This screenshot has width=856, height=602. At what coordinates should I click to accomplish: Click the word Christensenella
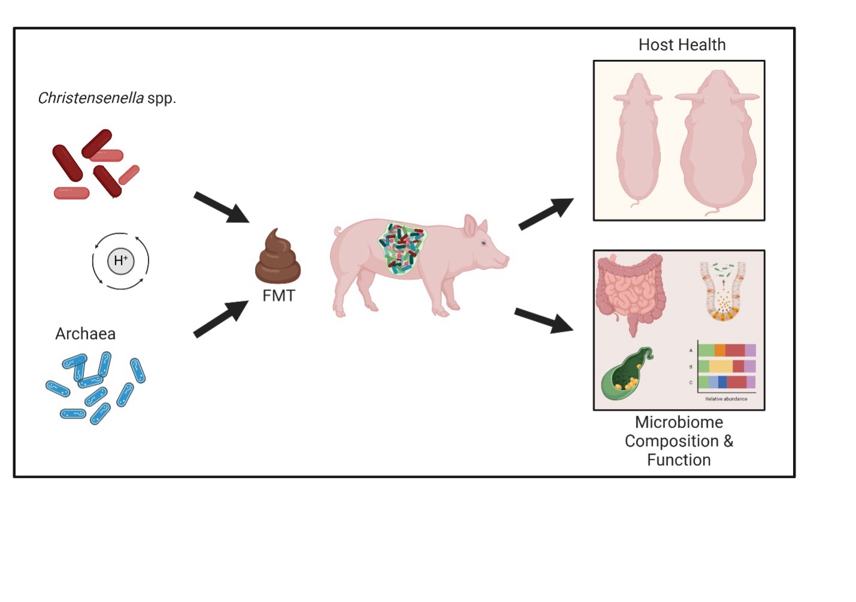point(90,98)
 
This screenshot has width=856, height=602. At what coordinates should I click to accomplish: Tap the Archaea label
point(85,334)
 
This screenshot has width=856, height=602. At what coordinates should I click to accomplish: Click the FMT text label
point(278,295)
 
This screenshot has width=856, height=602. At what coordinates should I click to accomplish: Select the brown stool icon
point(277,259)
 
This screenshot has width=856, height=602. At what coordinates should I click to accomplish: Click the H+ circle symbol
point(120,261)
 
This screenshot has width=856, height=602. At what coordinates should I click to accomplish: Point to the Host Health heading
point(682,45)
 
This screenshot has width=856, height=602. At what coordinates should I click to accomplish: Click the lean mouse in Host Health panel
point(638,141)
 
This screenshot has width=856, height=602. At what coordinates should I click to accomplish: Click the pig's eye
point(484,243)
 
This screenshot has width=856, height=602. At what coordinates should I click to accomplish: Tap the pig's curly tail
point(339,231)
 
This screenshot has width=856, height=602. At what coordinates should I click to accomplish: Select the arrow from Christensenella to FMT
point(221,207)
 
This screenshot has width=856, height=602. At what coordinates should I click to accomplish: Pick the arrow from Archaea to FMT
point(220,319)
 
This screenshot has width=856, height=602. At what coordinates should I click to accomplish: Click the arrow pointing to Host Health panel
point(545,214)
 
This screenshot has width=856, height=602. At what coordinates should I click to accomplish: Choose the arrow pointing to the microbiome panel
point(544,320)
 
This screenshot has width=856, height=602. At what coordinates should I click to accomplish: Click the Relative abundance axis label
point(726,399)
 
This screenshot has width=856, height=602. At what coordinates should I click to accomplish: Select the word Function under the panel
point(679,460)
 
